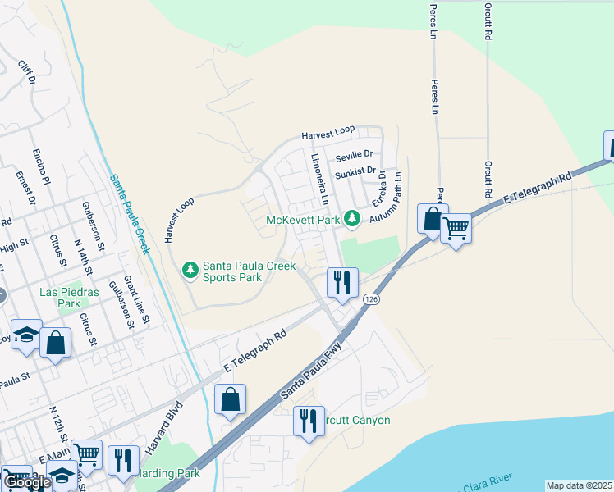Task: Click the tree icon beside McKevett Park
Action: (352, 218)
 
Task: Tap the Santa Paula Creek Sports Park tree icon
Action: (190, 269)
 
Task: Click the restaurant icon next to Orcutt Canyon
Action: (308, 421)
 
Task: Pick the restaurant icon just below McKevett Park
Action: (341, 281)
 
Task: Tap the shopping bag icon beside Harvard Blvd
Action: (231, 399)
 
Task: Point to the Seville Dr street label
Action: (353, 154)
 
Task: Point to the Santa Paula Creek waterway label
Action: (129, 213)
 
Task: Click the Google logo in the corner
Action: (26, 482)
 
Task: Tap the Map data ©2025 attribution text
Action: (579, 485)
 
